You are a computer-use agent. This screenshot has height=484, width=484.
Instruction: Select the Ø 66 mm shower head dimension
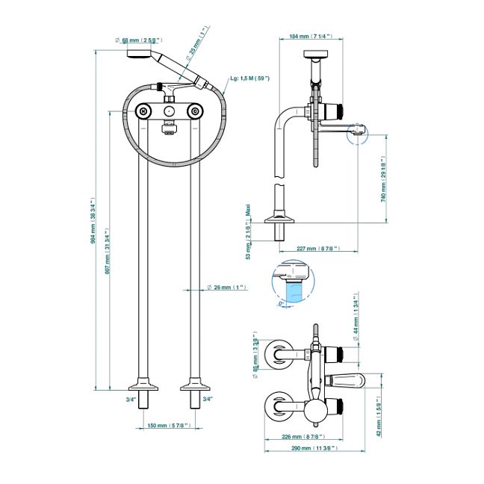[x=137, y=39]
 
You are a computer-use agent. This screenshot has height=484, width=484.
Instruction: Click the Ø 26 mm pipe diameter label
[x=226, y=287]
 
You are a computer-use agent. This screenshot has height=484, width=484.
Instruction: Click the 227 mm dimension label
[x=317, y=248]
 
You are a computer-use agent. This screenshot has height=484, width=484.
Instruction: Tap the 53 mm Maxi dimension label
[x=249, y=232]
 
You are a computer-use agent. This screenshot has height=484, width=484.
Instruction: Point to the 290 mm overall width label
[x=314, y=448]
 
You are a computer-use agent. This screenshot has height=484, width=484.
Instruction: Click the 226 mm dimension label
[x=302, y=436]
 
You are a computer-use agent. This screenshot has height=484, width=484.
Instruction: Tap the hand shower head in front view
[x=137, y=53]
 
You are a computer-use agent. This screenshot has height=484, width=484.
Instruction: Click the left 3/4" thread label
[x=131, y=400]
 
